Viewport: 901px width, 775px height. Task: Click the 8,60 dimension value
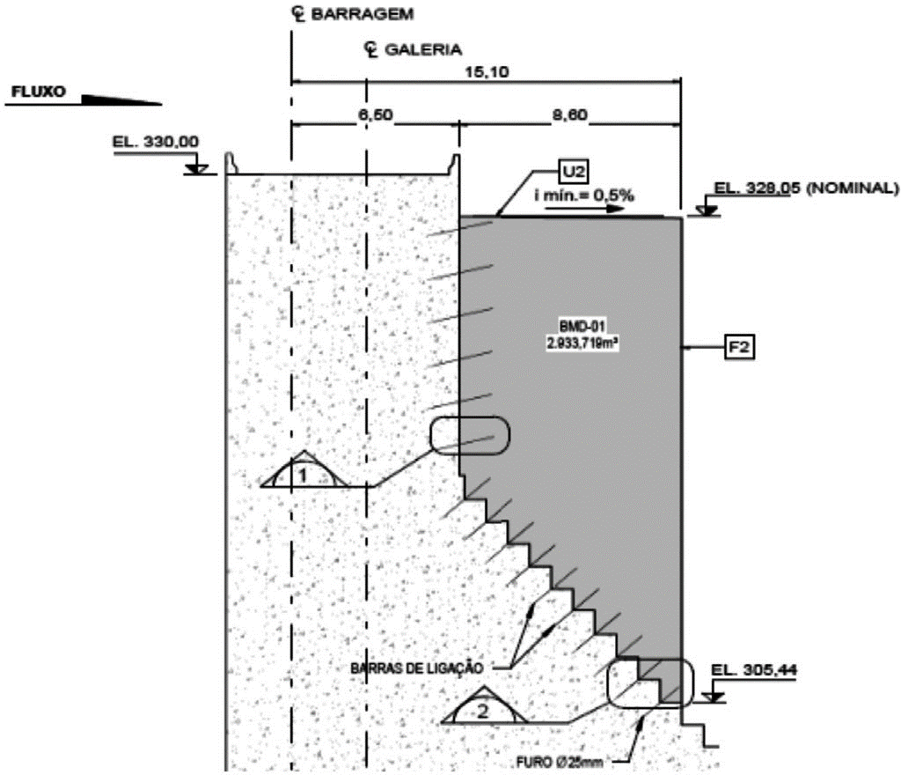pyautogui.click(x=569, y=115)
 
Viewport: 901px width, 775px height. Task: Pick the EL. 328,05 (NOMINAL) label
pyautogui.click(x=805, y=188)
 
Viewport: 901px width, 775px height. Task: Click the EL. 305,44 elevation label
pyautogui.click(x=755, y=670)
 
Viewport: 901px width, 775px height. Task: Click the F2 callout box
pyautogui.click(x=738, y=349)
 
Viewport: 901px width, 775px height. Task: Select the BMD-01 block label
pyautogui.click(x=571, y=331)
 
